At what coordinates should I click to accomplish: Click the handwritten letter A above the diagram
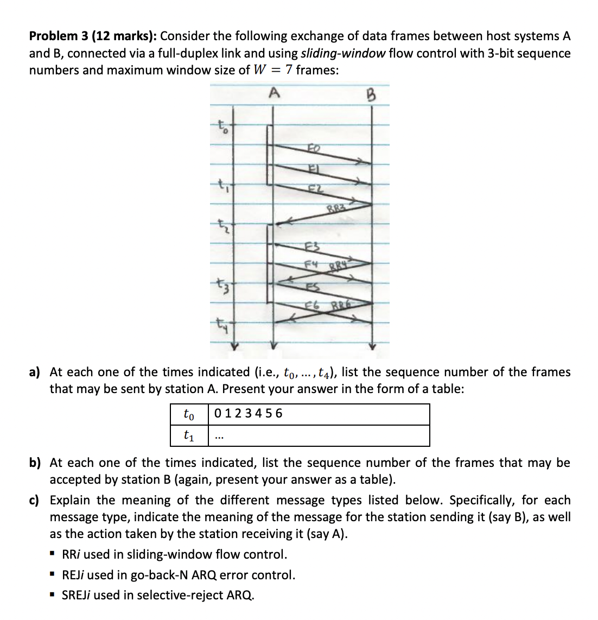[x=275, y=93]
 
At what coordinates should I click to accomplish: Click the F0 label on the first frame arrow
[x=314, y=148]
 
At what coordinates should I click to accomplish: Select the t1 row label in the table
[x=189, y=435]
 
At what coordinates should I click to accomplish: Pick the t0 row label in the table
[x=189, y=414]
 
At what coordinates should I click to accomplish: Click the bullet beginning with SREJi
[x=157, y=595]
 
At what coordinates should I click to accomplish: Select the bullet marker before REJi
[x=53, y=574]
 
